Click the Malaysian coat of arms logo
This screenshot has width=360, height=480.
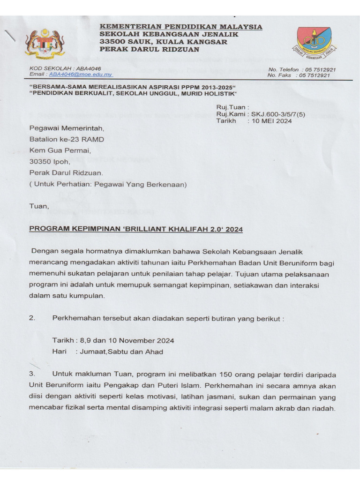click(x=45, y=45)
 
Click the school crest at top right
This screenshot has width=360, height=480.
click(x=314, y=43)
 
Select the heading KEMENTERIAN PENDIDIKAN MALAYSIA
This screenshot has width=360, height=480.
click(x=180, y=27)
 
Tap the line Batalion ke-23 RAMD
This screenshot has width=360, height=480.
click(x=67, y=139)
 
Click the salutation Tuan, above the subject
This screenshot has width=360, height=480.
click(x=39, y=206)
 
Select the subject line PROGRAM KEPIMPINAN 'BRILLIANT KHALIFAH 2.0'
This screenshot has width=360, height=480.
click(x=136, y=229)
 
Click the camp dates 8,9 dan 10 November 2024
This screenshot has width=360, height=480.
click(x=127, y=340)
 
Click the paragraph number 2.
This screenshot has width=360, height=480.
click(x=32, y=318)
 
